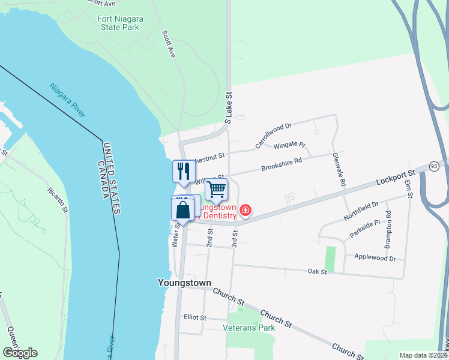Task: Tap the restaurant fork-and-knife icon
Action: tap(183, 171)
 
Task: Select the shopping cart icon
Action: tap(216, 189)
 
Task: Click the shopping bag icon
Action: tap(183, 210)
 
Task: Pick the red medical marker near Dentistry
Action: tap(246, 210)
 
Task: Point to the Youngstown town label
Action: tap(184, 283)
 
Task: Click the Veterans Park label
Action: tap(249, 328)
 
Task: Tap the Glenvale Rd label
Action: tap(339, 168)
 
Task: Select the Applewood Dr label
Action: tap(376, 259)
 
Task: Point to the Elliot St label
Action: tap(195, 317)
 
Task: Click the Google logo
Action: tap(19, 353)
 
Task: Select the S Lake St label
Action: tap(228, 108)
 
